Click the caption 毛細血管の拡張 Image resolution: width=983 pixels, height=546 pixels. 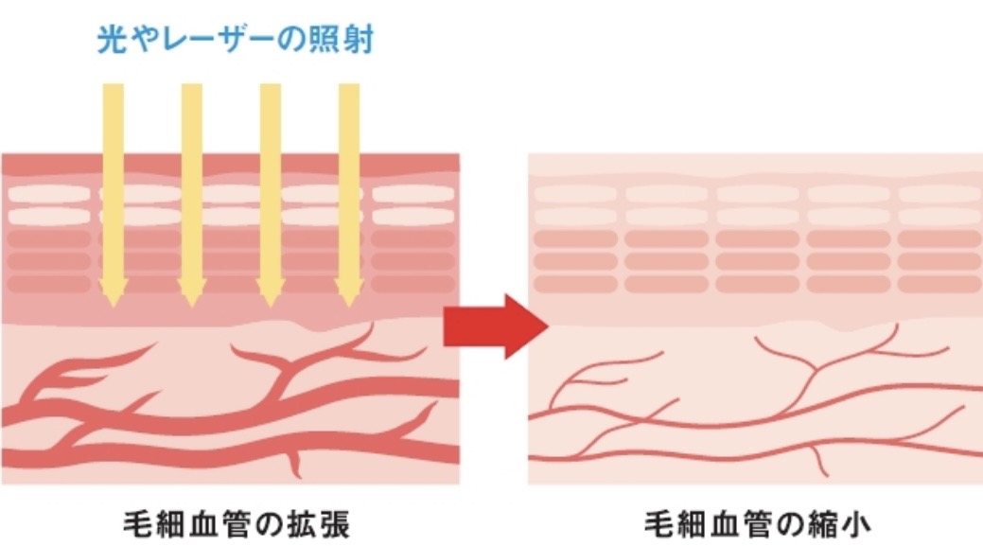click(237, 521)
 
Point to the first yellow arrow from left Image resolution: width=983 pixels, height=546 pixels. click(113, 189)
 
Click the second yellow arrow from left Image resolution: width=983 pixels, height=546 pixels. click(191, 189)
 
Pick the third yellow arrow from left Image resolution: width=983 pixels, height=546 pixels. click(270, 189)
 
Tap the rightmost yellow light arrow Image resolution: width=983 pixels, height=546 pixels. click(348, 189)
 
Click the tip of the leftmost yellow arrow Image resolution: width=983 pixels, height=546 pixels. click(113, 303)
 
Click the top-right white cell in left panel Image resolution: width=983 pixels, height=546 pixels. click(413, 194)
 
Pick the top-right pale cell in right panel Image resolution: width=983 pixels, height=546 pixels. click(939, 194)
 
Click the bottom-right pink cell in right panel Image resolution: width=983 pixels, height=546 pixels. click(939, 283)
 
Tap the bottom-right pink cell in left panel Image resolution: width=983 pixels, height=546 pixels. click(413, 283)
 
